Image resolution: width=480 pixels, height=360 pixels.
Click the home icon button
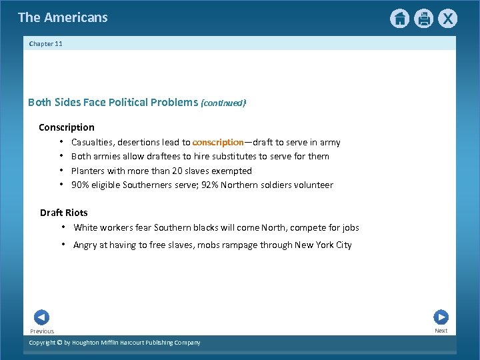tap(399, 19)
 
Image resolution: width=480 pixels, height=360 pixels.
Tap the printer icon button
tap(423, 19)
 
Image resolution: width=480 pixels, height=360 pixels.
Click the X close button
tap(447, 19)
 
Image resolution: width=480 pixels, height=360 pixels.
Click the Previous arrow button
tap(41, 317)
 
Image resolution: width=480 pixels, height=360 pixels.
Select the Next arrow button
tap(441, 317)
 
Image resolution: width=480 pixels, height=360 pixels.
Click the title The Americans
tap(63, 17)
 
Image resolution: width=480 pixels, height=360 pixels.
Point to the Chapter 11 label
tap(46, 44)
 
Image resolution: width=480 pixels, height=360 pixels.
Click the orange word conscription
tap(218, 142)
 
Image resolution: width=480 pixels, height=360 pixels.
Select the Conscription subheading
tap(67, 127)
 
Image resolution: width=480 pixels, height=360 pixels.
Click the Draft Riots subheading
tap(63, 213)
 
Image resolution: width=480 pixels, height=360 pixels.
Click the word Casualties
tap(92, 142)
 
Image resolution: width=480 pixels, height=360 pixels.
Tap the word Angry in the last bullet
tap(85, 245)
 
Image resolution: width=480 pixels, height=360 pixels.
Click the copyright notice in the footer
tap(115, 343)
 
